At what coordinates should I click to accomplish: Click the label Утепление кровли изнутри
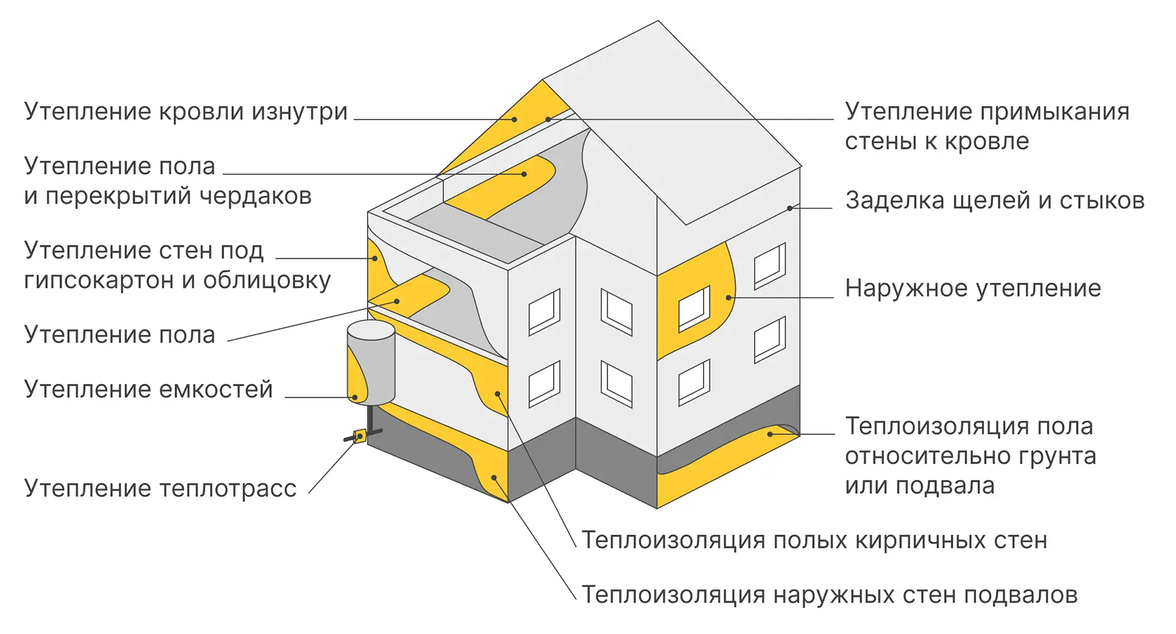click(x=186, y=112)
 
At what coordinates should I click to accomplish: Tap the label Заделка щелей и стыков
click(x=994, y=200)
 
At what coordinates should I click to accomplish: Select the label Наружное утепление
click(x=972, y=288)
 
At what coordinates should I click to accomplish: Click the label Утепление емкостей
click(x=148, y=389)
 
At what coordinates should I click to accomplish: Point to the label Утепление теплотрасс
click(x=160, y=488)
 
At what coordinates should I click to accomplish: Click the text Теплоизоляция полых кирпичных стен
click(x=814, y=540)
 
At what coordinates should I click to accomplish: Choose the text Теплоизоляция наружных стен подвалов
click(x=829, y=595)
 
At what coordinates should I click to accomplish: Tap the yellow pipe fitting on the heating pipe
click(x=359, y=436)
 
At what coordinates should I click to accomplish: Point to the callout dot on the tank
click(x=355, y=397)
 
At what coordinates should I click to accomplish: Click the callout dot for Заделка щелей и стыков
click(x=790, y=208)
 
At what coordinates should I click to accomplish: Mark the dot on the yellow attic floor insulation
click(x=524, y=174)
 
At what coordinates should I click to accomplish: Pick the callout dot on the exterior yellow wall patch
click(x=729, y=298)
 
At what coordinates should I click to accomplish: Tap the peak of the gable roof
click(x=658, y=22)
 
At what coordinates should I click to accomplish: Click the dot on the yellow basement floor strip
click(x=770, y=434)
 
